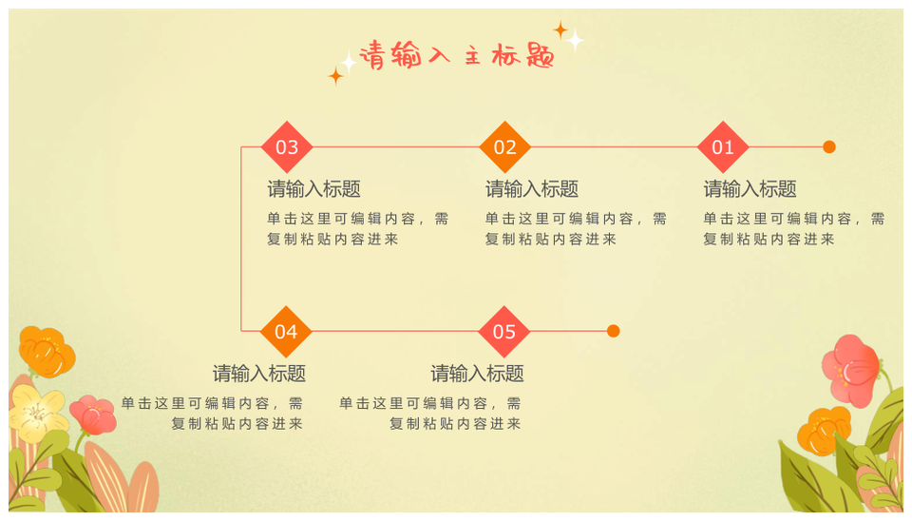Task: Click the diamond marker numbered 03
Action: click(287, 147)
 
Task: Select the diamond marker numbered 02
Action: click(504, 147)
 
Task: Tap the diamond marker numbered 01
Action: click(723, 147)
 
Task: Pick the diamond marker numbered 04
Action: click(286, 332)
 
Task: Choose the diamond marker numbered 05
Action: click(504, 332)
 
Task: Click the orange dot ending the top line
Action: click(829, 147)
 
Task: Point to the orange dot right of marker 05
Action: click(614, 331)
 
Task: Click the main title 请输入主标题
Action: click(457, 56)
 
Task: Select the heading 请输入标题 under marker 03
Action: click(313, 189)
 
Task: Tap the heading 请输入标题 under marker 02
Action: click(532, 189)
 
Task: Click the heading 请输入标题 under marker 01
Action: click(750, 189)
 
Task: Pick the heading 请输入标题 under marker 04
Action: click(259, 374)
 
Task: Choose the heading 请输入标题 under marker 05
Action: click(477, 374)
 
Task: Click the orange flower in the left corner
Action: click(46, 352)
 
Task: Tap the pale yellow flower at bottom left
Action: click(36, 412)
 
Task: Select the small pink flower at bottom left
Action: click(93, 415)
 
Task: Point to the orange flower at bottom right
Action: click(824, 430)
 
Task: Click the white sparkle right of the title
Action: click(575, 41)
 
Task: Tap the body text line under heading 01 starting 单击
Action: click(793, 219)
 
